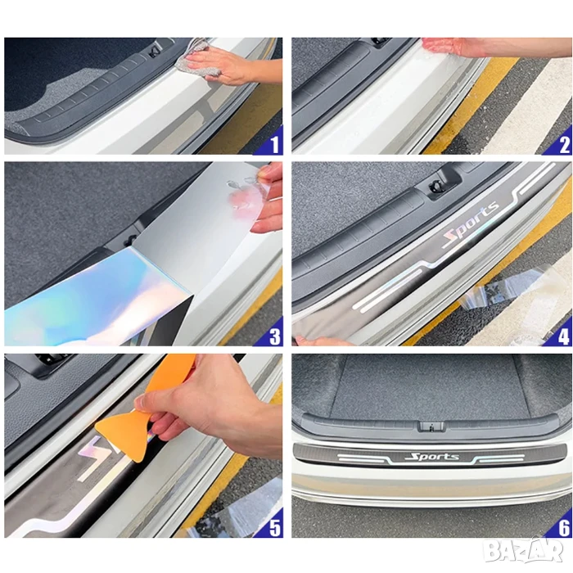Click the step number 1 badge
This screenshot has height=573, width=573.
(x=273, y=142)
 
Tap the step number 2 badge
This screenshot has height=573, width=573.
(x=561, y=142)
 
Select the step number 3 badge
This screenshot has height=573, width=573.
(x=273, y=333)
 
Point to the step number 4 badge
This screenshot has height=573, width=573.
(x=561, y=333)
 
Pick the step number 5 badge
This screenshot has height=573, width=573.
(x=273, y=525)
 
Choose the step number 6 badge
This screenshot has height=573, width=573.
(x=561, y=525)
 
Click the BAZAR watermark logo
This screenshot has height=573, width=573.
(x=522, y=549)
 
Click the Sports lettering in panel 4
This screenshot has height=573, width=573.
(x=471, y=223)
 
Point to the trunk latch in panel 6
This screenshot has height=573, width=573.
(x=432, y=426)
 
